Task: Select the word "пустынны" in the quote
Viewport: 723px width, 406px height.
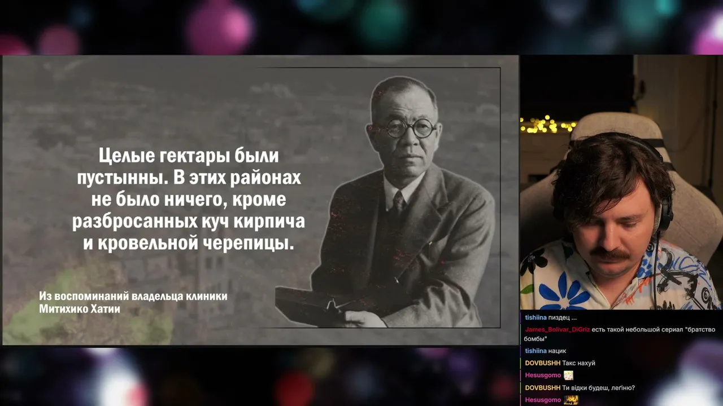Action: [x=122, y=178]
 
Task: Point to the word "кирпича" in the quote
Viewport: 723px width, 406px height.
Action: [x=269, y=222]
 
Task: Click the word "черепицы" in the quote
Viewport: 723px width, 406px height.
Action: [x=248, y=243]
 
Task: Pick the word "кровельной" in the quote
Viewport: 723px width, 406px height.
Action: [x=148, y=243]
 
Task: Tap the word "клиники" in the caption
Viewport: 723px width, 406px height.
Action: [x=207, y=296]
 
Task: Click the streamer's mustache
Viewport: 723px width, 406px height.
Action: [x=609, y=254]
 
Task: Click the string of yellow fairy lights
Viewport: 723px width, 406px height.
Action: [x=547, y=125]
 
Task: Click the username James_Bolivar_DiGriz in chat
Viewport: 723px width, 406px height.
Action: [x=558, y=330]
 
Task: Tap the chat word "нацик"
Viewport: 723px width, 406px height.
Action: [x=557, y=351]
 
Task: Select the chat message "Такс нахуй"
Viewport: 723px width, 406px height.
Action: [x=578, y=363]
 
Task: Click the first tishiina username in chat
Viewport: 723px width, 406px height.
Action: [x=536, y=317]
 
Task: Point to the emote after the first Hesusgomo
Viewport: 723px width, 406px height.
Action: [x=568, y=375]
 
